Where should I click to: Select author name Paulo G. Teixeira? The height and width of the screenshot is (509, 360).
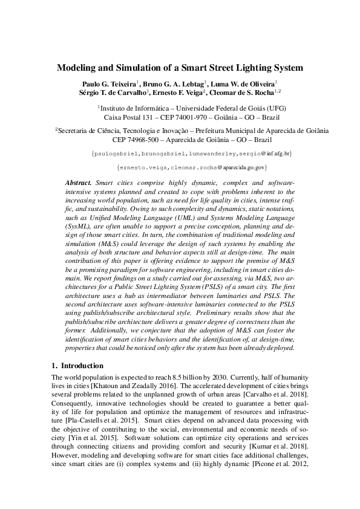point(109,83)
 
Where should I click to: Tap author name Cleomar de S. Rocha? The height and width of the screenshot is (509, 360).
point(245,92)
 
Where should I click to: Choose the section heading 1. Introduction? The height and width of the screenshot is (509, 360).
point(78,366)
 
